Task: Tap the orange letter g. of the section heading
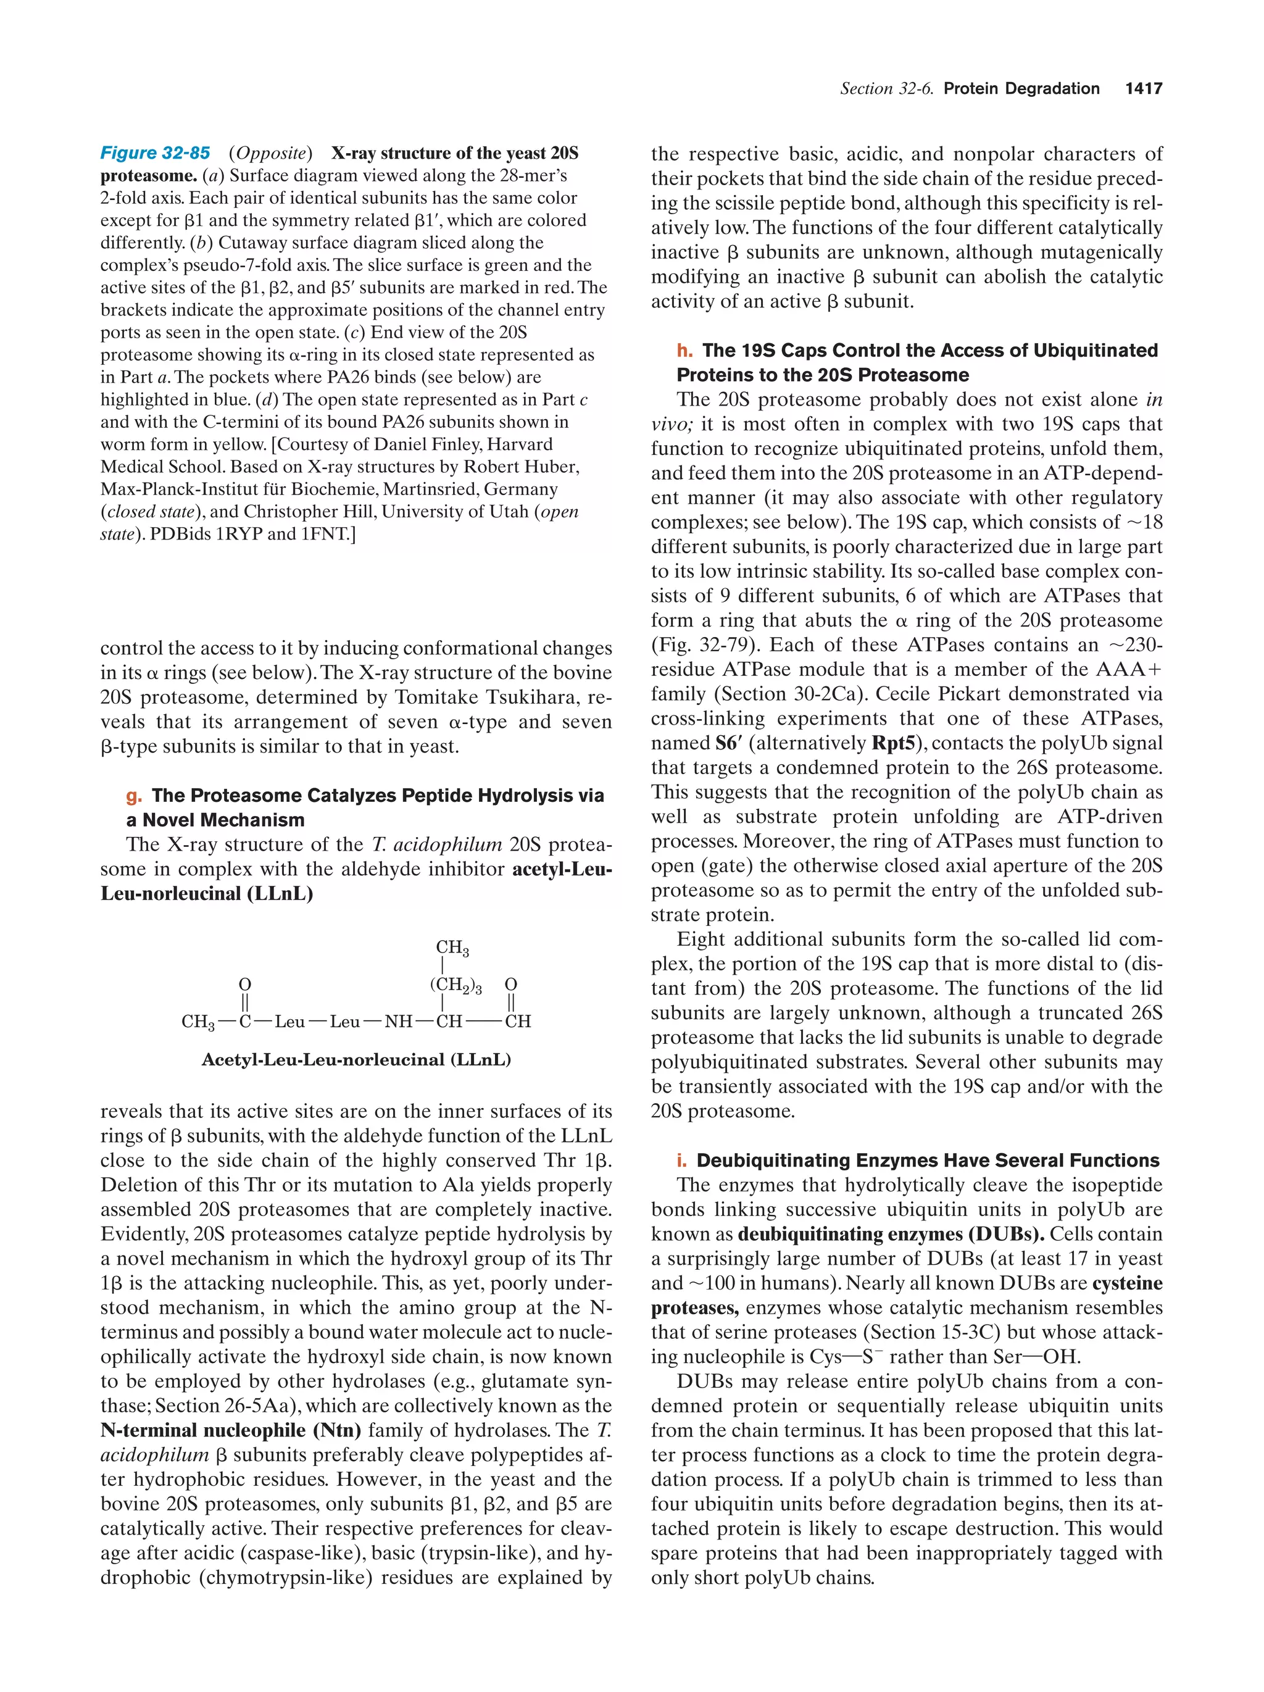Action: point(134,796)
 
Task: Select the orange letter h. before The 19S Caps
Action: point(684,351)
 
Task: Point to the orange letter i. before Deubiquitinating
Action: point(682,1161)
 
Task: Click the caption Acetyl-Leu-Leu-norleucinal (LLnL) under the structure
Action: point(355,1059)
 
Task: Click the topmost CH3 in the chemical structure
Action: point(452,948)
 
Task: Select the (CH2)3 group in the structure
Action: point(455,985)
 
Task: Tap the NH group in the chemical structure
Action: point(397,1022)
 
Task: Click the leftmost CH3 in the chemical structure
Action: point(197,1022)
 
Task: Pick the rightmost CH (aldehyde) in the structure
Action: point(518,1022)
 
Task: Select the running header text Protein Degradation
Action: point(1021,89)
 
